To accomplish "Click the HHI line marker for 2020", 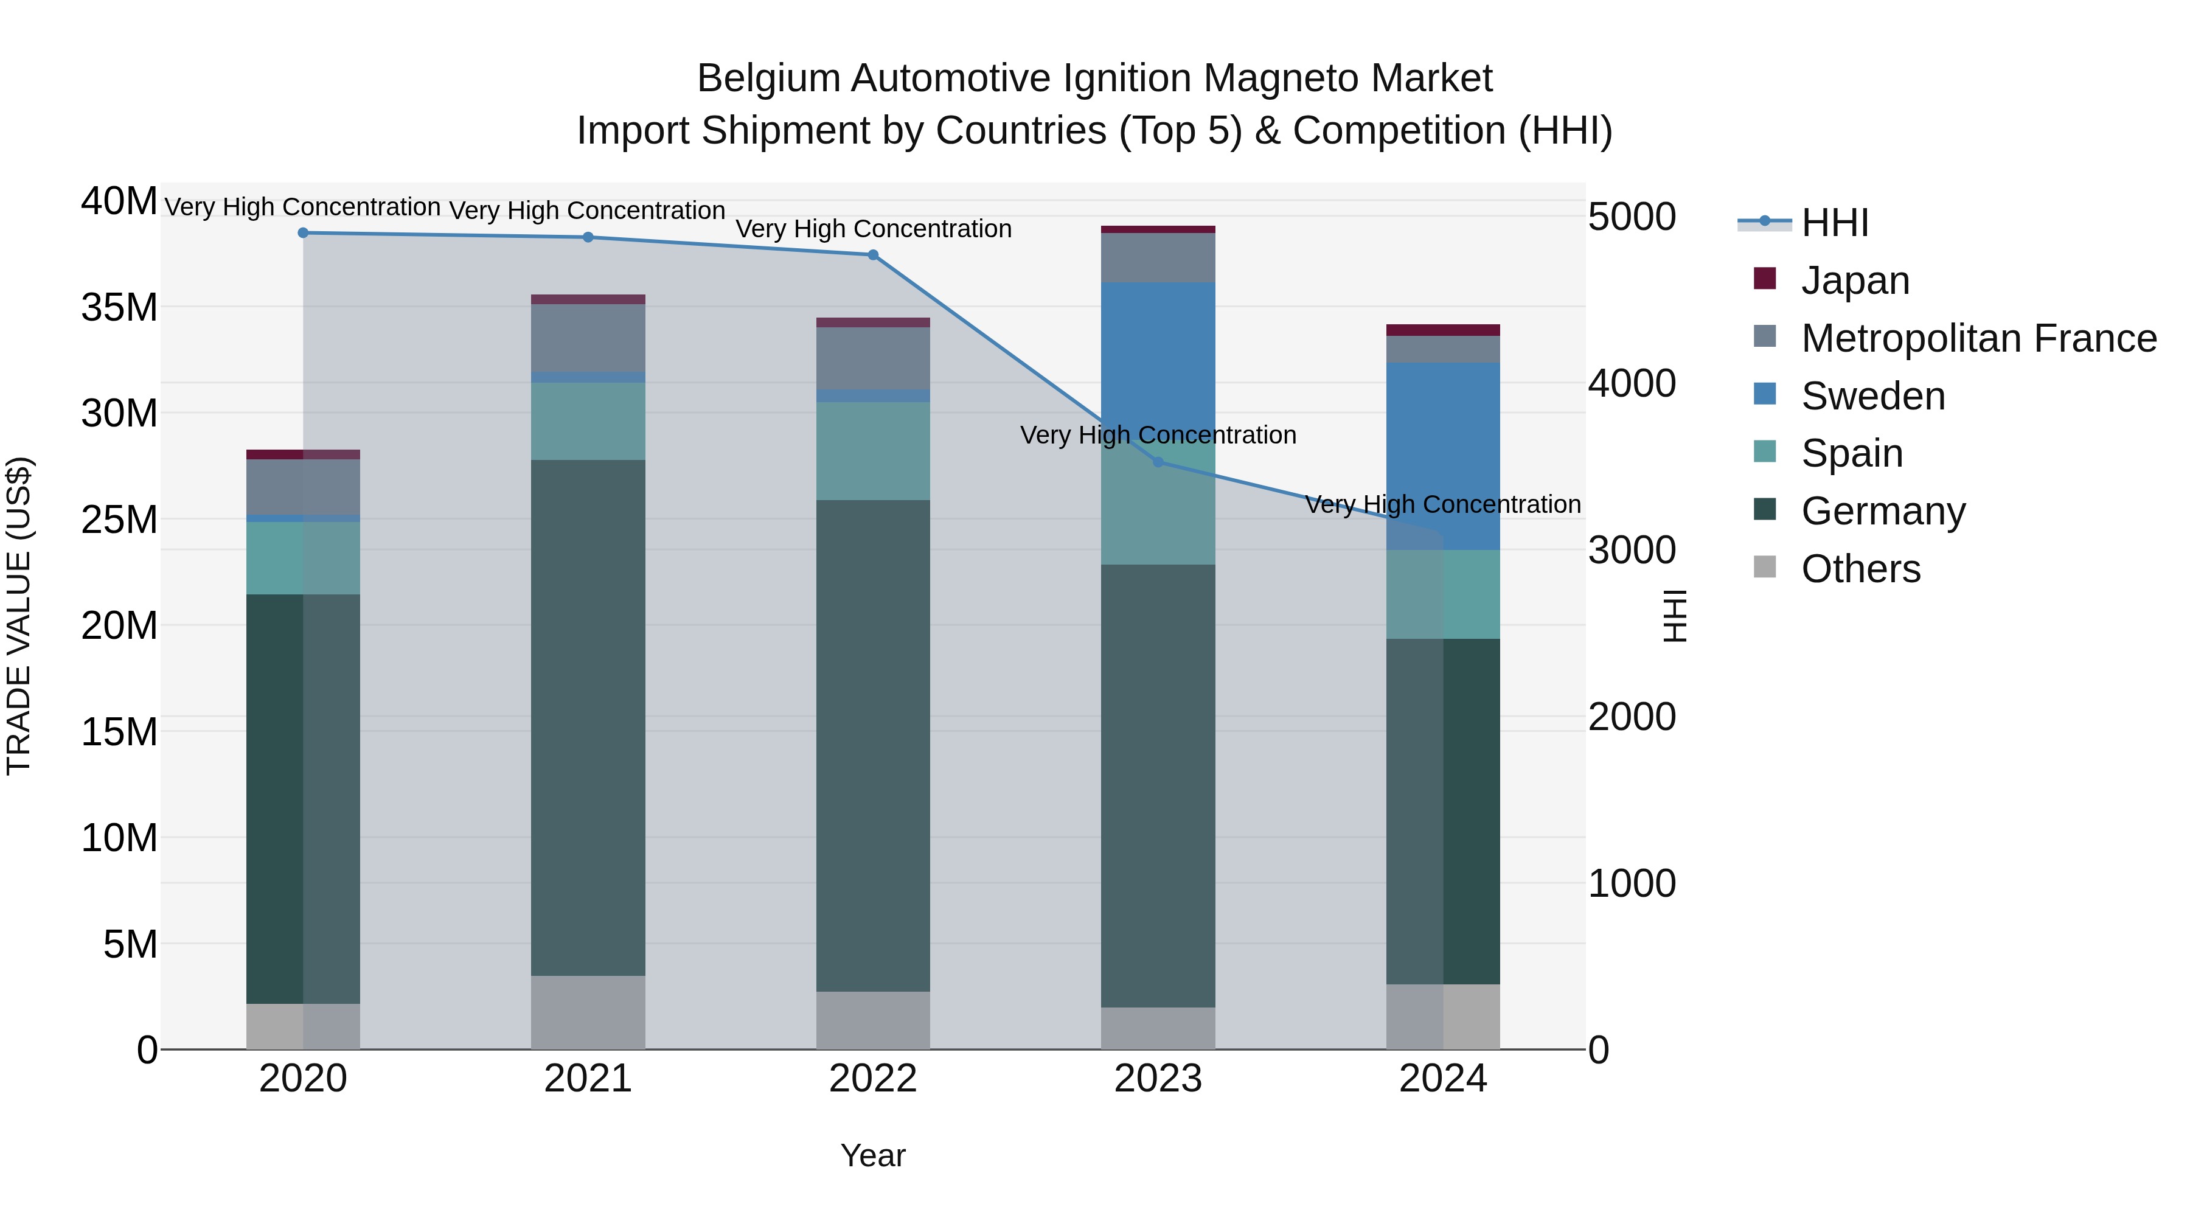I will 303,233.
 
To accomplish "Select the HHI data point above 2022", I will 872,255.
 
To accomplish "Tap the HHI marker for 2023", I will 1158,462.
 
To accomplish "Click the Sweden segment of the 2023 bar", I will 1158,357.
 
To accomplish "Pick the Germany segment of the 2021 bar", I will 588,719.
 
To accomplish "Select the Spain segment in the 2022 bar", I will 872,451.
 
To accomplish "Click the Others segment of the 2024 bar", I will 1443,1017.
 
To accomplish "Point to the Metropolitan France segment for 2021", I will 588,338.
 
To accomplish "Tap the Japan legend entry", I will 1854,280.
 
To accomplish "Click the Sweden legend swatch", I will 1764,394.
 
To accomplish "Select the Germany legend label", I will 1883,511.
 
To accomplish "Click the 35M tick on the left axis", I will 119,307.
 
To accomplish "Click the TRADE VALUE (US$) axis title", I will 19,616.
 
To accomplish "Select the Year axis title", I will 872,1155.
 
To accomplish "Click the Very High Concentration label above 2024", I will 1443,504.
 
